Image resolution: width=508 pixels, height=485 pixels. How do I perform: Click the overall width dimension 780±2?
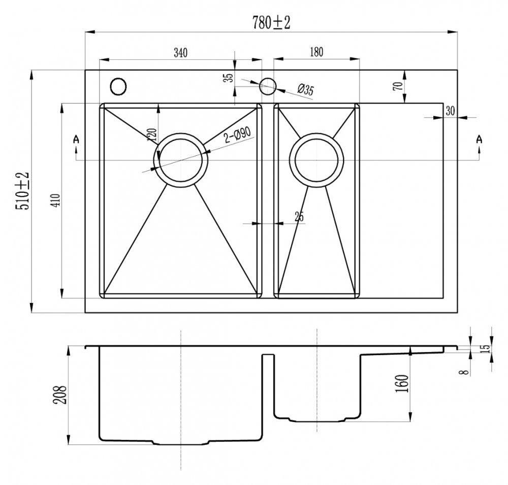270,23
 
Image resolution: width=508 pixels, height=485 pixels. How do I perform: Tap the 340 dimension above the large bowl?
181,52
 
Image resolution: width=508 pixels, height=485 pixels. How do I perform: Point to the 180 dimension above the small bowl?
316,52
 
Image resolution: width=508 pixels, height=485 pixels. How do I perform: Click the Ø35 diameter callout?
305,91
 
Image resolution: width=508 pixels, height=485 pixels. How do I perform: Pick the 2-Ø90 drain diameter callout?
238,135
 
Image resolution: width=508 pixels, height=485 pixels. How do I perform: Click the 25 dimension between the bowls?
299,217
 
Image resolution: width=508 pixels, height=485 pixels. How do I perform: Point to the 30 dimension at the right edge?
450,111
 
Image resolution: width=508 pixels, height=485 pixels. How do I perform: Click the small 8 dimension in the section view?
462,372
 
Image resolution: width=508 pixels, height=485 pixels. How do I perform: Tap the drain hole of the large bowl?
181,160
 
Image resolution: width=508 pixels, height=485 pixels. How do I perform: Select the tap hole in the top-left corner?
118,86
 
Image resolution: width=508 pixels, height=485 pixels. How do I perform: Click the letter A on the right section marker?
479,138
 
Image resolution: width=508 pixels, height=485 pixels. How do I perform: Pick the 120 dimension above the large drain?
151,135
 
